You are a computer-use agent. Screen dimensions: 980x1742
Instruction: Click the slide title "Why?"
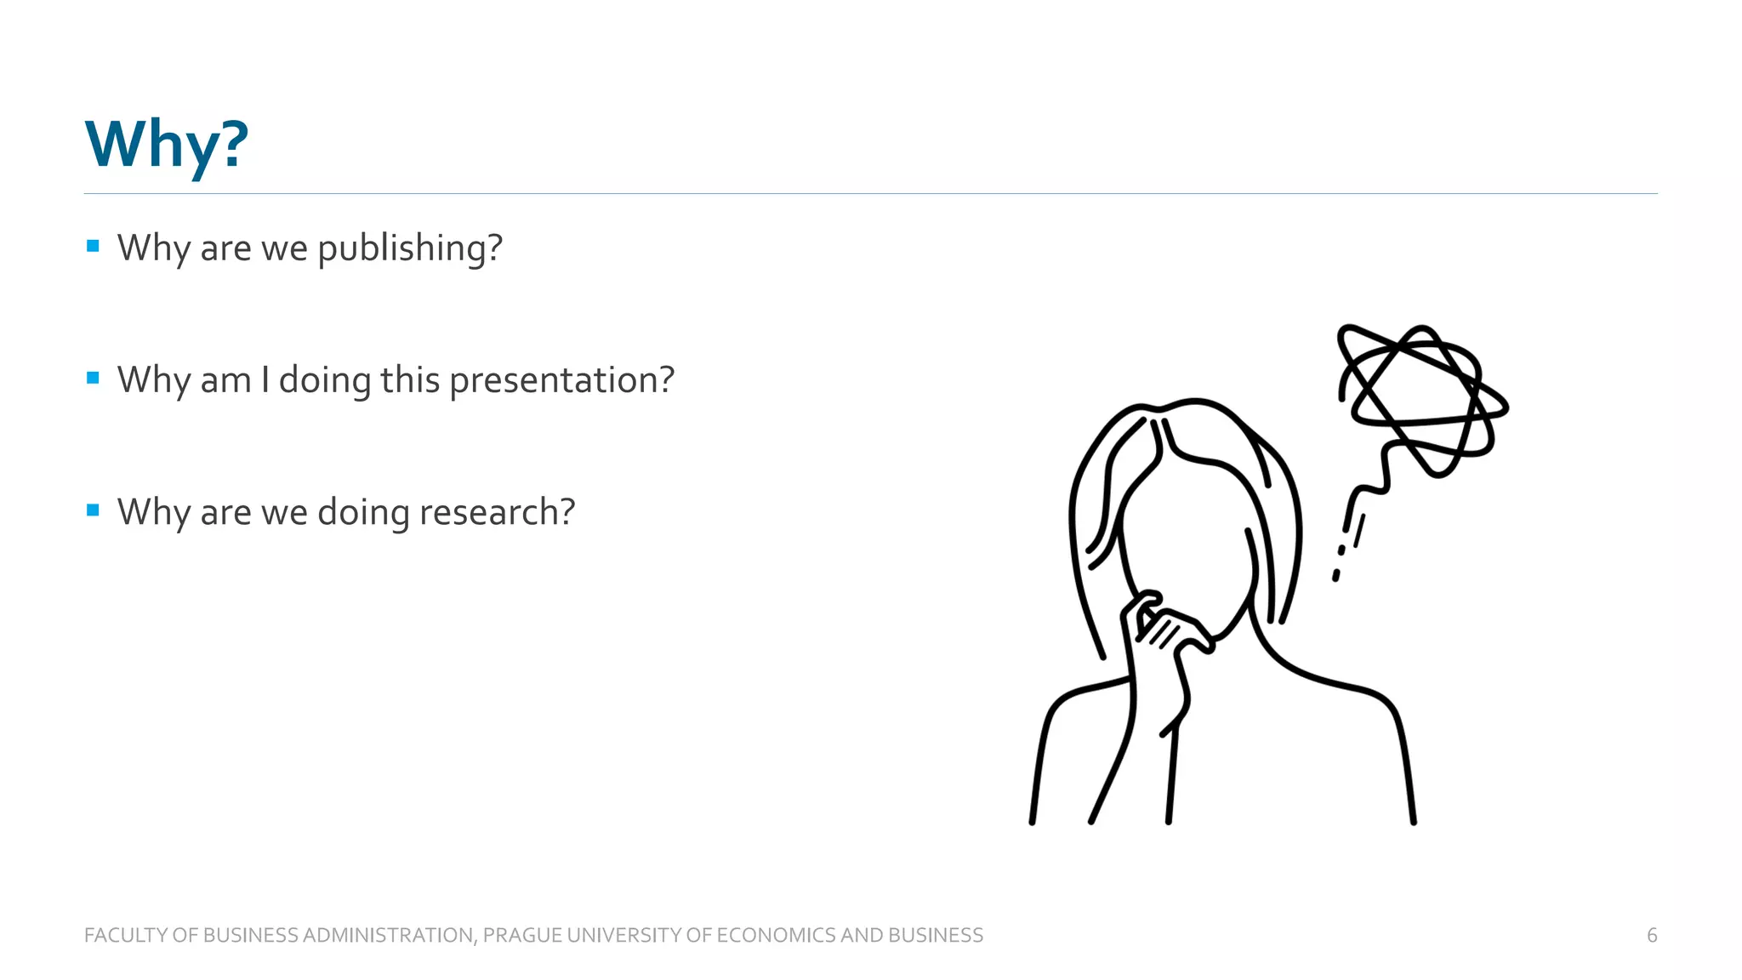(x=167, y=145)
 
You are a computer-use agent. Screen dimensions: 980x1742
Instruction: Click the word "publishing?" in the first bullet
(x=410, y=248)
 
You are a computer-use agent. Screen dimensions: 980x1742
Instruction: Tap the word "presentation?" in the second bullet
(x=561, y=380)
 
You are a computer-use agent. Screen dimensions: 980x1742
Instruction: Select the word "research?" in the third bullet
(x=497, y=512)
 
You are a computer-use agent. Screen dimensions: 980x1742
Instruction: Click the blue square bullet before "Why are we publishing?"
(x=94, y=247)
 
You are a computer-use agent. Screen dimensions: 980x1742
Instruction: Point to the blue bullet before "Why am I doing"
(x=94, y=378)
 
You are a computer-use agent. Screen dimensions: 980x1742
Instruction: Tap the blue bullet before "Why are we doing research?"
(x=94, y=510)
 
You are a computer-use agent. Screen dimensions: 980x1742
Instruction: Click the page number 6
(x=1652, y=935)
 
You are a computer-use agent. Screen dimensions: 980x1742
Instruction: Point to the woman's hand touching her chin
(x=1165, y=630)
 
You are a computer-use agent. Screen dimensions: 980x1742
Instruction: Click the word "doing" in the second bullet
(x=325, y=380)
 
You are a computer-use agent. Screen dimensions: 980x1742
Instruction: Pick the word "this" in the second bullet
(x=410, y=380)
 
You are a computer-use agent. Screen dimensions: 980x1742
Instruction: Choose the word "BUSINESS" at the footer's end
(x=936, y=935)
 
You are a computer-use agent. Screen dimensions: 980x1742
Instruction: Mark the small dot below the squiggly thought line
(x=1336, y=576)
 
